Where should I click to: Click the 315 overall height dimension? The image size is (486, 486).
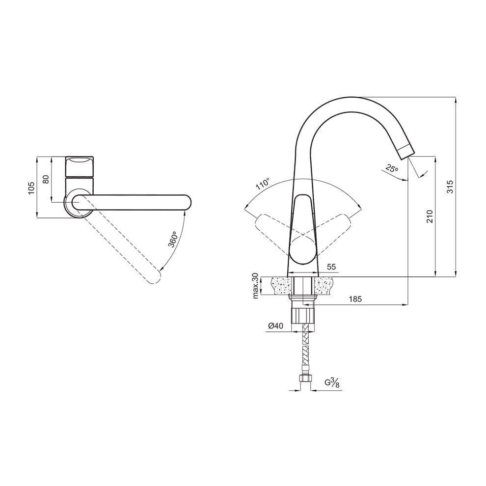(450, 187)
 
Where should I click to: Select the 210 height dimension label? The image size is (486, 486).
(430, 216)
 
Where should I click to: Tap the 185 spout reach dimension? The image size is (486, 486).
(355, 299)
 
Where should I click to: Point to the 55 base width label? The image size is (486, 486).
(331, 267)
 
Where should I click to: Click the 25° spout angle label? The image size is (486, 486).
(392, 168)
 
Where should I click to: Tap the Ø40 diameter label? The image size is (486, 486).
(275, 326)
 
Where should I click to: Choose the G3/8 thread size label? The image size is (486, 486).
(332, 383)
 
